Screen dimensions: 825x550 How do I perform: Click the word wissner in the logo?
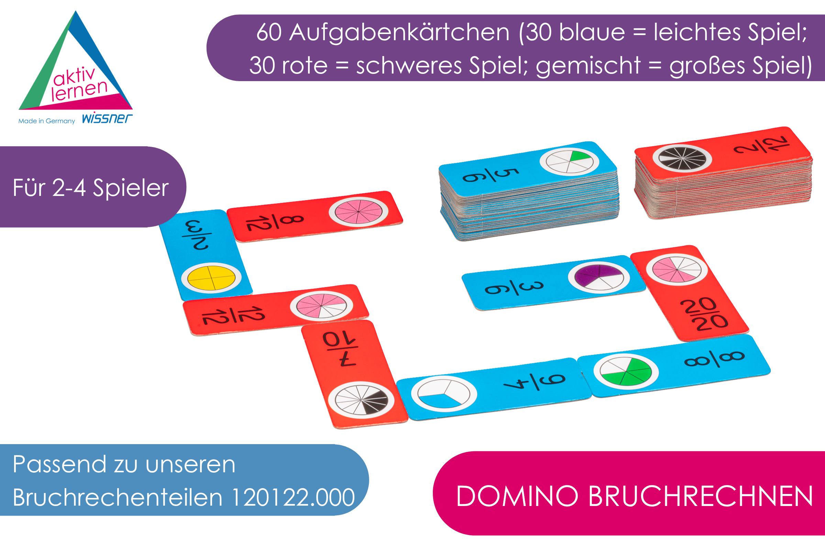pos(107,118)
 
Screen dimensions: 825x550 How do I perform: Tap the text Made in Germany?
pos(47,121)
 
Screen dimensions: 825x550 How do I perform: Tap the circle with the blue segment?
pos(444,393)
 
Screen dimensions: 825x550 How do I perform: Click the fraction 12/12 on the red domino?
pos(233,315)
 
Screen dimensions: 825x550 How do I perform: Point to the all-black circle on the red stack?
pos(682,158)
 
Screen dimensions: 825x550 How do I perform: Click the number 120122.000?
pos(293,497)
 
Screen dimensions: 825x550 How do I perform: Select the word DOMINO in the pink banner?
pos(517,497)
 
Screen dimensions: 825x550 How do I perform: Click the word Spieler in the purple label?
pos(131,188)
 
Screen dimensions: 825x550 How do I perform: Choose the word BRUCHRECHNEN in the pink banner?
pos(701,497)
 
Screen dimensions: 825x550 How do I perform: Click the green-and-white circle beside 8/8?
pos(626,372)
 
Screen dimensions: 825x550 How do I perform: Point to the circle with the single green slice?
pos(569,162)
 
